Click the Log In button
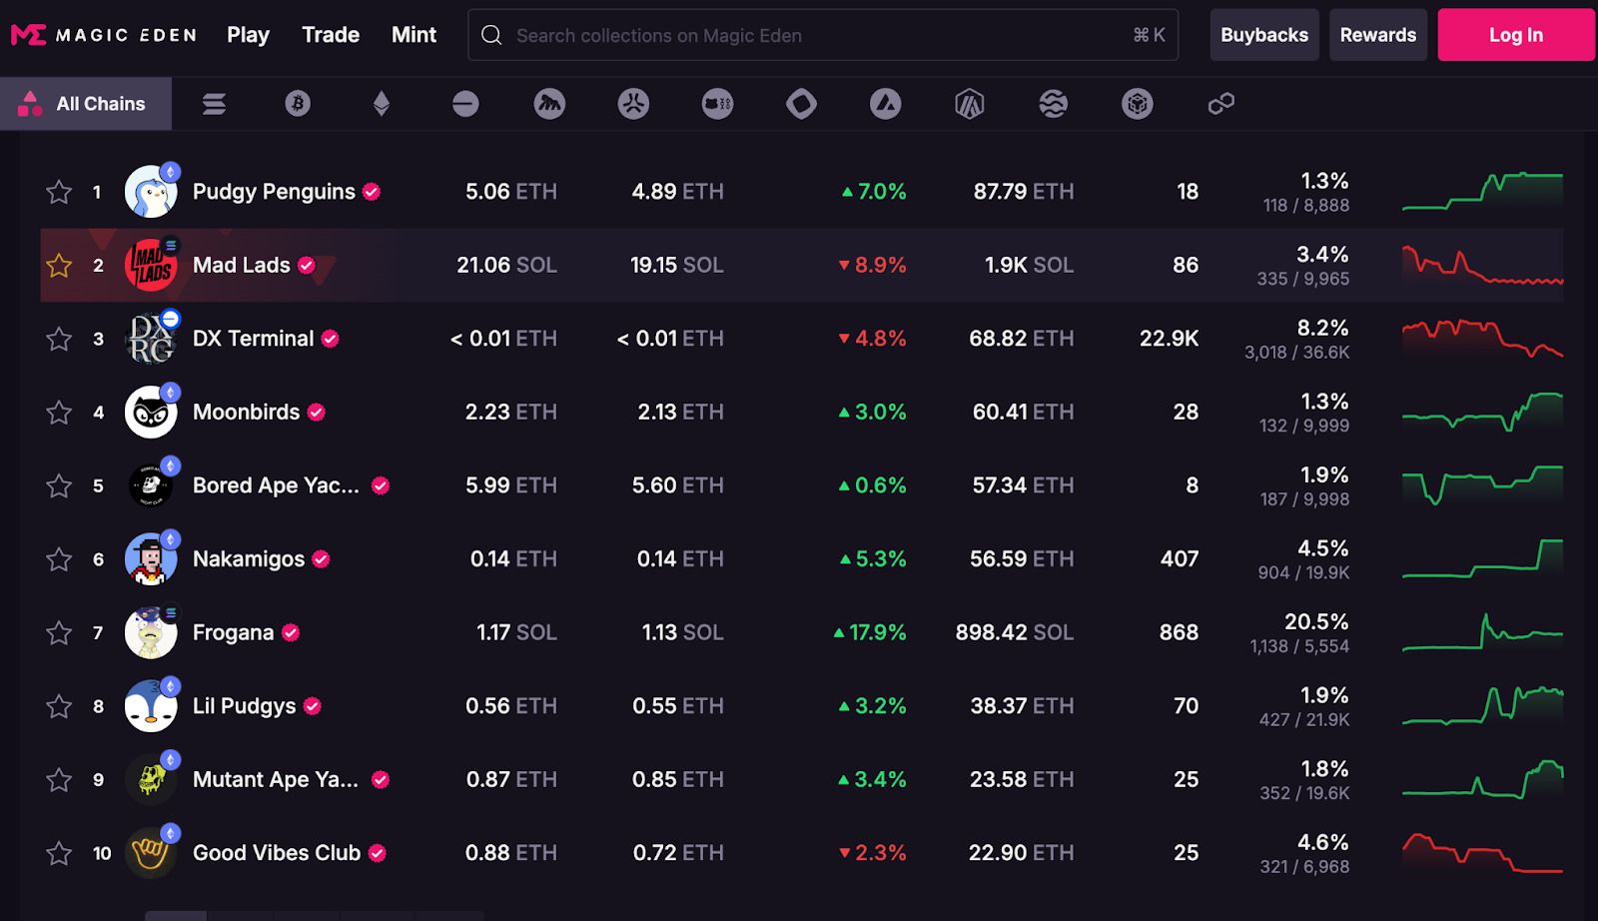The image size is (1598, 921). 1516,35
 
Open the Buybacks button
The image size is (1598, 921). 1264,35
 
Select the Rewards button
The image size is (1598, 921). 1377,35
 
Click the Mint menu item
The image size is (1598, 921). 413,35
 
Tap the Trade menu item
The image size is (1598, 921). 331,35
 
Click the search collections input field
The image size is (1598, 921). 823,35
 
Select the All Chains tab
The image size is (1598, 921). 86,104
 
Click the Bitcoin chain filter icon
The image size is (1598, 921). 298,104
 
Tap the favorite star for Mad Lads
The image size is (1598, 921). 59,266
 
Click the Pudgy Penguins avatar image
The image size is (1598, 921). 151,191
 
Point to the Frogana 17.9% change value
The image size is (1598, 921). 870,632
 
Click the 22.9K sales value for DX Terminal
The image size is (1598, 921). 1169,339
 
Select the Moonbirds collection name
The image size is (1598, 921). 246,412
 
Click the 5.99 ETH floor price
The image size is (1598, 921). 510,485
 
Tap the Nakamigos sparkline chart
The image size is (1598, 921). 1482,558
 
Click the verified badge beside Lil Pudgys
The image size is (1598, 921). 313,706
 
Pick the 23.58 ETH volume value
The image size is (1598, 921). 1022,779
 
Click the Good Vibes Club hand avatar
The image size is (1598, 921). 151,852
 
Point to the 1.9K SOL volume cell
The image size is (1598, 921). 1029,266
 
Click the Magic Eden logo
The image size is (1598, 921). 104,34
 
